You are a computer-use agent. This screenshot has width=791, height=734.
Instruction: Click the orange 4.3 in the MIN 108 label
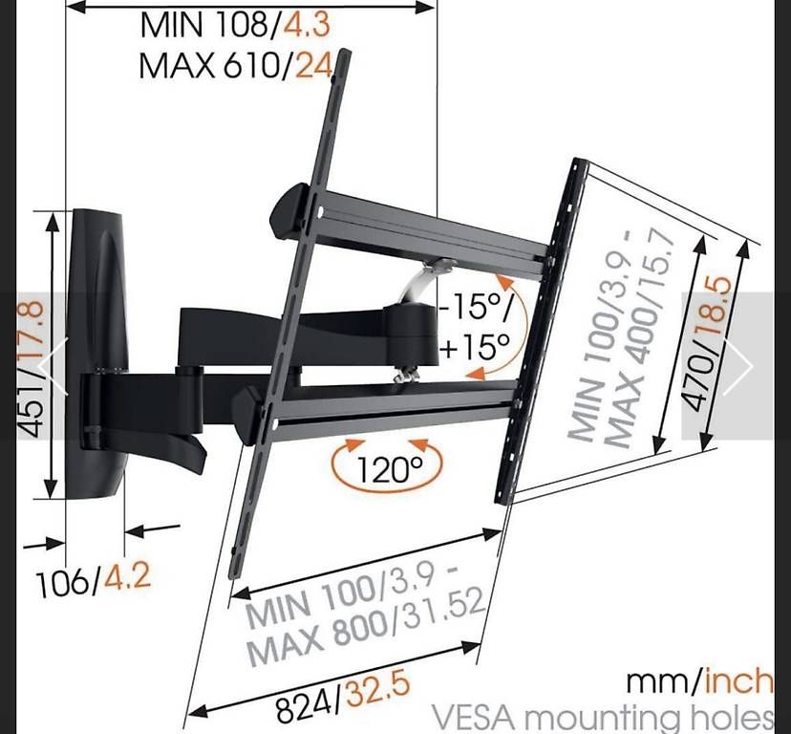(x=307, y=24)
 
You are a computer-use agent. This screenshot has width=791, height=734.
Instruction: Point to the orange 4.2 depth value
(x=128, y=576)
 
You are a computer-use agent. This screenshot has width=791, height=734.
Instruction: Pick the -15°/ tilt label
(x=474, y=306)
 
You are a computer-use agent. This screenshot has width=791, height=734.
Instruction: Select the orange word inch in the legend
(x=738, y=681)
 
